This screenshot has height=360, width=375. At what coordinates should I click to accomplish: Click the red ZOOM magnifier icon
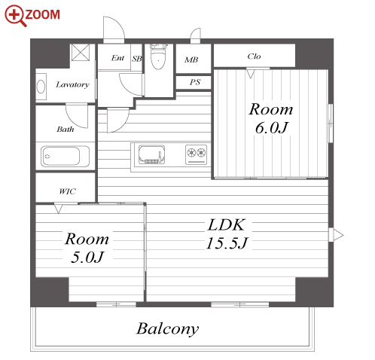15,15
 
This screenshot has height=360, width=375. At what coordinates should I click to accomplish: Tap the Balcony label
167,329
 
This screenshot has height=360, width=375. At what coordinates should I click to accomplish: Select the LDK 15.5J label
227,234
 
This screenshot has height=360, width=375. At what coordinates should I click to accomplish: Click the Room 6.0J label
271,118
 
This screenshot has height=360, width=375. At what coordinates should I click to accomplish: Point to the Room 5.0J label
87,248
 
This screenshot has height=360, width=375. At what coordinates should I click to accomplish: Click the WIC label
67,191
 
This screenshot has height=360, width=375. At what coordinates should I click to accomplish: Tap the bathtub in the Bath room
65,156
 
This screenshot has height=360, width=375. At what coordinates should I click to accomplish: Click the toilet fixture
158,56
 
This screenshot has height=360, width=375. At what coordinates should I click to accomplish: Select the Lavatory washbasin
41,87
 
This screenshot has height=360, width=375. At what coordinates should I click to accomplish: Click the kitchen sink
151,154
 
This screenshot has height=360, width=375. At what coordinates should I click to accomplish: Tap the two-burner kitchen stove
197,154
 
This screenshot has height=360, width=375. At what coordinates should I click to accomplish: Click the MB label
191,59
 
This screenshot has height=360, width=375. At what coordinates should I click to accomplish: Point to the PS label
195,82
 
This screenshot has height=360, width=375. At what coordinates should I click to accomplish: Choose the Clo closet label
254,56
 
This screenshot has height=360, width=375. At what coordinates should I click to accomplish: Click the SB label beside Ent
137,59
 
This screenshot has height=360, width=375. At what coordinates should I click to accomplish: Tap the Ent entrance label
117,58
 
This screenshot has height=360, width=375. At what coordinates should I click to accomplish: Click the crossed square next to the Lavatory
81,52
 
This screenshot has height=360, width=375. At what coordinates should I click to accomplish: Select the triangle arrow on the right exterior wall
336,235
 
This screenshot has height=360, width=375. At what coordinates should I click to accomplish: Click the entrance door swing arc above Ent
118,24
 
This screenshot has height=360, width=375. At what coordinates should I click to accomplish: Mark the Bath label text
66,130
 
